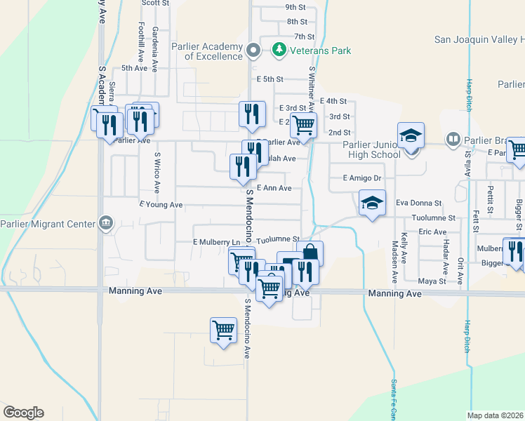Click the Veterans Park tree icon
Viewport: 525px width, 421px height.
279,50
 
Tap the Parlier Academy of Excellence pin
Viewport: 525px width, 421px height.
253,50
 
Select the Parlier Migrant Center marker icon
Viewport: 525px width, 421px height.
106,224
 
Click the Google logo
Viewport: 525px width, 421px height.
23,413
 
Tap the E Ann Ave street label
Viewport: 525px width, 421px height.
274,188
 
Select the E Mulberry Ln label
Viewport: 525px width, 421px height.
216,242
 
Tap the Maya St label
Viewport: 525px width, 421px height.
432,281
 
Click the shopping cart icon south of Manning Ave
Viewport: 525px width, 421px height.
223,328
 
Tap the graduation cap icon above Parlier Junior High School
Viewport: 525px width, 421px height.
411,135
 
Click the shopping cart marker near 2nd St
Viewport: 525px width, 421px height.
304,126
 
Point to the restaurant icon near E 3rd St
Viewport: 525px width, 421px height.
252,114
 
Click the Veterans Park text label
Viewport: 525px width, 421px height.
322,51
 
